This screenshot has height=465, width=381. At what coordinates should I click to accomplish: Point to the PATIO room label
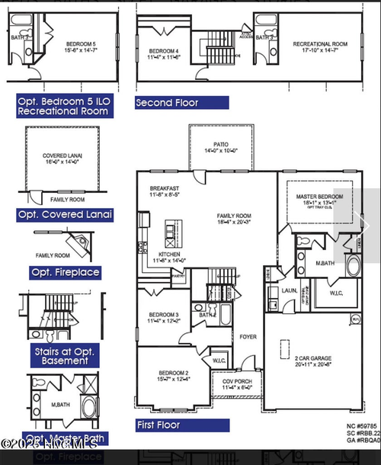coord(221,145)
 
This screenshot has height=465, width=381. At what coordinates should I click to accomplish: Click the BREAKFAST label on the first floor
coord(165,188)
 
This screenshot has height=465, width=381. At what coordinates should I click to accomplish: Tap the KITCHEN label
coord(170,254)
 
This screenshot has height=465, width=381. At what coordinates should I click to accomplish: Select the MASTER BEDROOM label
coord(319,197)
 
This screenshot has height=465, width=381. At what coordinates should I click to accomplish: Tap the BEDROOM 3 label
coord(164,315)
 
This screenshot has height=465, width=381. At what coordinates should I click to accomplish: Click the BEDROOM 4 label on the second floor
coord(164,52)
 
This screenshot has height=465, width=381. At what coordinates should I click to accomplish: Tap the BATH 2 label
coord(207,314)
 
